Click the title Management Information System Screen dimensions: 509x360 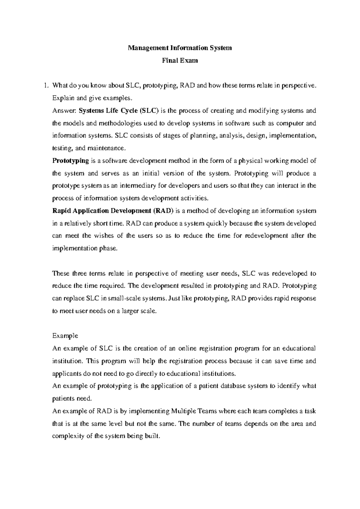click(x=180, y=48)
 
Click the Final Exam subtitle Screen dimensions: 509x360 click(x=180, y=60)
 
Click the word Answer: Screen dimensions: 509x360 click(x=64, y=111)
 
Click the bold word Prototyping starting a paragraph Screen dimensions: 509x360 click(x=70, y=161)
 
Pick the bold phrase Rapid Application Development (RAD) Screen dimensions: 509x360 click(x=113, y=211)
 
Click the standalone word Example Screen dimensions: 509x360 click(x=65, y=336)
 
